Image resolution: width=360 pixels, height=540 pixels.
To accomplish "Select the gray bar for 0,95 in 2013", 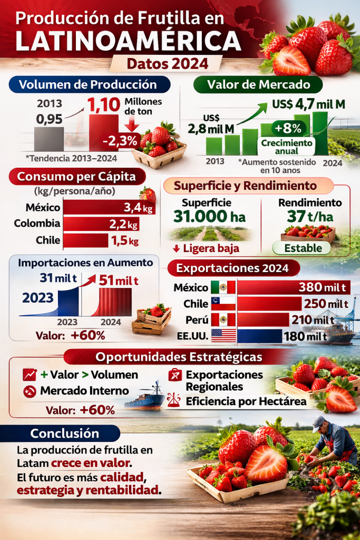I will click(x=49, y=139).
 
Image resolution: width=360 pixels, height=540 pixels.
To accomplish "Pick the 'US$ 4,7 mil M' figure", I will click(x=309, y=104).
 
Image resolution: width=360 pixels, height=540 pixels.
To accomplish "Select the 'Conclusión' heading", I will click(x=64, y=433).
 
